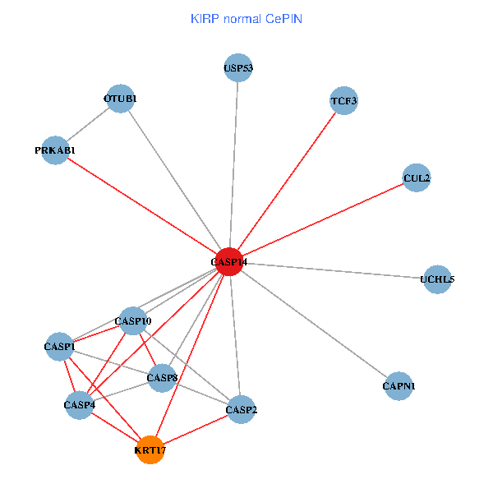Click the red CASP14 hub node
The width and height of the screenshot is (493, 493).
click(228, 262)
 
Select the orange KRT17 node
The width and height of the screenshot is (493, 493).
click(150, 449)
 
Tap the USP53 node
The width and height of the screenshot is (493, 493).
click(237, 68)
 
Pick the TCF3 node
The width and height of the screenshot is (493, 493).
click(343, 101)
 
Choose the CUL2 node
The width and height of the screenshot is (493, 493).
click(417, 177)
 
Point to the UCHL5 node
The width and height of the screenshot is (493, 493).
click(437, 279)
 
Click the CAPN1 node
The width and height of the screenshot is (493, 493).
click(399, 385)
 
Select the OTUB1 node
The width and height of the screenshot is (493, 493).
click(120, 99)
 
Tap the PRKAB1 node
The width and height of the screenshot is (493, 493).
click(55, 150)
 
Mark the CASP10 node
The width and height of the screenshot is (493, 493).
click(133, 320)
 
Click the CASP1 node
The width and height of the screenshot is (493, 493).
click(59, 347)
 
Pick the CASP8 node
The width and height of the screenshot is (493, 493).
click(163, 378)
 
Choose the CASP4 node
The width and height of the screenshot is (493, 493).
click(80, 404)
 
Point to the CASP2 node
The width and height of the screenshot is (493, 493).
click(241, 409)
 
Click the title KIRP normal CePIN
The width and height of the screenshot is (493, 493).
click(246, 18)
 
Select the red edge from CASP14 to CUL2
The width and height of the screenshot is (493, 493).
click(323, 219)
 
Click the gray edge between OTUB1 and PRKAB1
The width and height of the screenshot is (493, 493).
click(88, 124)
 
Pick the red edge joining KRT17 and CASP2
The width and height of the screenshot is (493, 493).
click(196, 429)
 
